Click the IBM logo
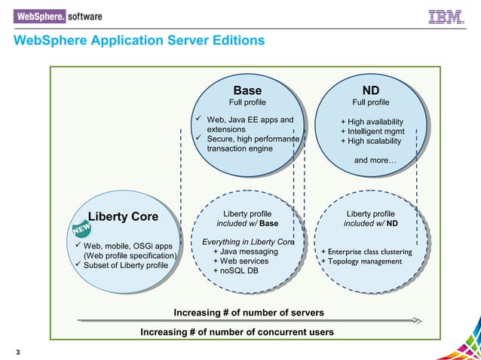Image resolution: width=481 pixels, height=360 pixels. (x=446, y=17)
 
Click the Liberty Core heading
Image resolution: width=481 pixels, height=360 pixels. (x=124, y=217)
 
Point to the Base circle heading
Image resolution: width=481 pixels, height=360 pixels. (x=247, y=91)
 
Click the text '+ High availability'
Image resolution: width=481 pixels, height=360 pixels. (x=372, y=122)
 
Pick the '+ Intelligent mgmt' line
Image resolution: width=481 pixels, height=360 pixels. (x=372, y=131)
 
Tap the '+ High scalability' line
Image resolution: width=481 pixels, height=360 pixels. (x=371, y=141)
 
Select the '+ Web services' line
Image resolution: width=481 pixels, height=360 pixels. (x=240, y=261)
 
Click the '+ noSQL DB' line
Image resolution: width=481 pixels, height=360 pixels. (x=236, y=270)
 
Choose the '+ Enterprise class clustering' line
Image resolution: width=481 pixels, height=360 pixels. (x=366, y=252)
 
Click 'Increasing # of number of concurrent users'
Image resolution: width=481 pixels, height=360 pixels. (x=237, y=332)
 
